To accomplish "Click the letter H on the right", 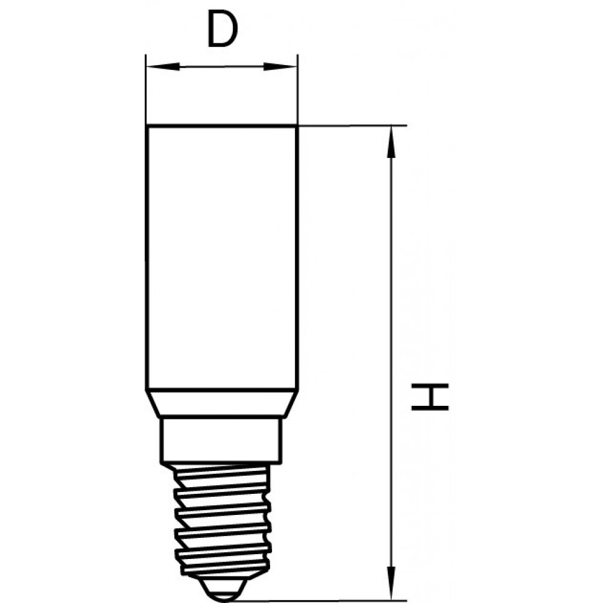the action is click(x=430, y=397).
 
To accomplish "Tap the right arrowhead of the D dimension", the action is click(x=280, y=66).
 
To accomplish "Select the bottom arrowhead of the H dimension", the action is click(x=391, y=584).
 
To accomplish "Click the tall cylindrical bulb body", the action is click(x=222, y=257).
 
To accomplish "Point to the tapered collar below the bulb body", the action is click(x=222, y=403).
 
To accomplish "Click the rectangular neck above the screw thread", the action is click(x=221, y=440).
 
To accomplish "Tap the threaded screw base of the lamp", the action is click(x=222, y=520).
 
